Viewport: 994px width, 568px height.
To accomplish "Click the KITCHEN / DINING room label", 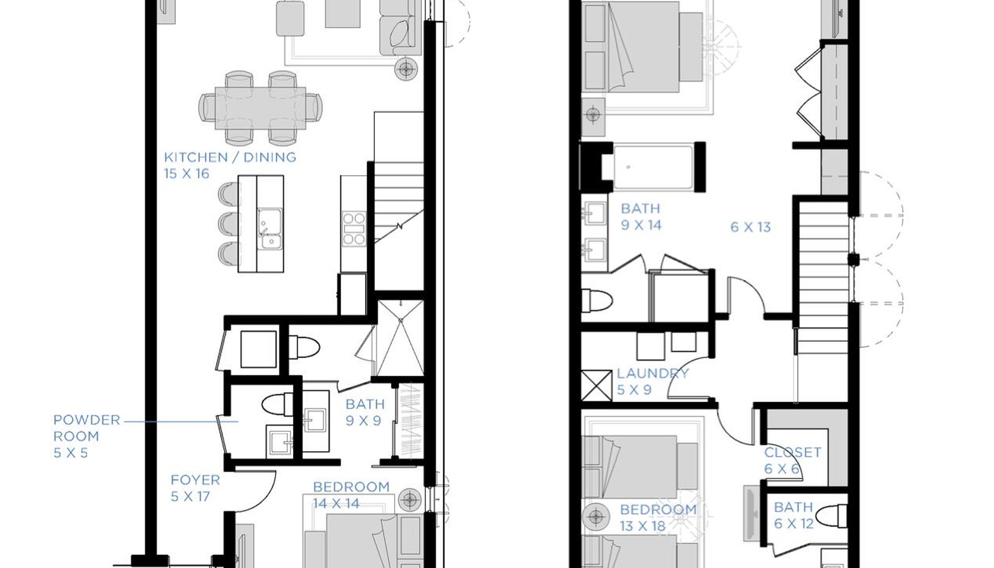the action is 230,157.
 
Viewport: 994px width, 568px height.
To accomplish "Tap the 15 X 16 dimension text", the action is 186,173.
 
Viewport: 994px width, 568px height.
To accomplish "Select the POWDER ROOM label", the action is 87,428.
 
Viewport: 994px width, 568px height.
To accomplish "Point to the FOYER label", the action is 195,480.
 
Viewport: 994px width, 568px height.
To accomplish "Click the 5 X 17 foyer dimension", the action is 190,496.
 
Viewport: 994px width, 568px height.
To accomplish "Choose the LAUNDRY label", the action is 653,373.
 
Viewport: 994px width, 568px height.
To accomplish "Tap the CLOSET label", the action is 793,452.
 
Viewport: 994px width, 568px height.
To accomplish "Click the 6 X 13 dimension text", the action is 750,227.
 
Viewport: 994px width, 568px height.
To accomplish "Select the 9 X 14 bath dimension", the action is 641,225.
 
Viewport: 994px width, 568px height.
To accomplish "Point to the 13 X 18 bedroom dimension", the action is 642,526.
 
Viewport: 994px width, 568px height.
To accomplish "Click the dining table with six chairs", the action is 260,108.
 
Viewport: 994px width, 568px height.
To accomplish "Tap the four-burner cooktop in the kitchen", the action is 355,229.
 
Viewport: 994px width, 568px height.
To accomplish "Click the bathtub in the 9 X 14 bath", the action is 652,167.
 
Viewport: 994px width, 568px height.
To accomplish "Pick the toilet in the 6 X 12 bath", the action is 833,516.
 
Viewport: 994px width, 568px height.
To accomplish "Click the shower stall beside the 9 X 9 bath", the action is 400,337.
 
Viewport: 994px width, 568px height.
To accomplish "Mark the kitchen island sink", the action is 270,228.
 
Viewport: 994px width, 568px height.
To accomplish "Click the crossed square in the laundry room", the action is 596,386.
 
